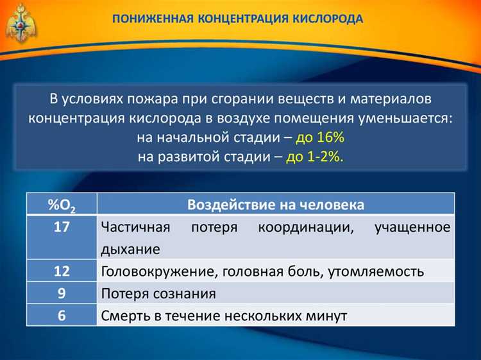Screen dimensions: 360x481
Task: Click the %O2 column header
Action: click(x=62, y=205)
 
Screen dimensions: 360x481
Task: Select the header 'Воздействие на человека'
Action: click(x=276, y=205)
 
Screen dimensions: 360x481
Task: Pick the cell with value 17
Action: click(x=62, y=227)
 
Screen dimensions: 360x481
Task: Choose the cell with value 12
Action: click(x=62, y=271)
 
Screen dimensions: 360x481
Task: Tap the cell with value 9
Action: click(x=62, y=293)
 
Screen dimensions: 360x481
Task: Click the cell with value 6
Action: click(x=62, y=316)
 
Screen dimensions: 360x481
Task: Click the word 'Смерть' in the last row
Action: click(x=126, y=316)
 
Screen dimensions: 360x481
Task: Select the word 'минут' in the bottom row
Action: click(x=328, y=316)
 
